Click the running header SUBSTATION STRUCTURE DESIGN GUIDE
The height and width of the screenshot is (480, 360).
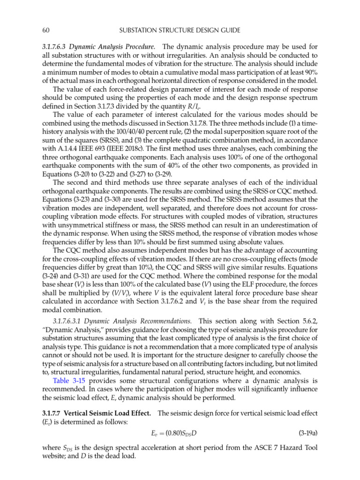[x=180, y=30]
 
